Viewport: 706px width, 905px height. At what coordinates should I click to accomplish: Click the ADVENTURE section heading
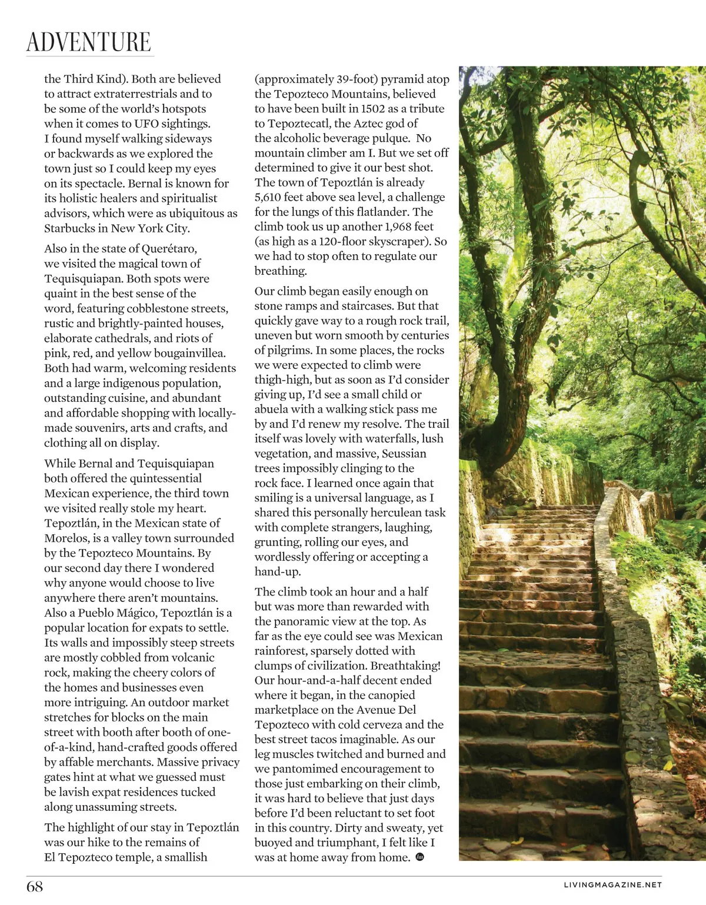tap(89, 42)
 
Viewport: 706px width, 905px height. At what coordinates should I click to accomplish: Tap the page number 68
tap(35, 886)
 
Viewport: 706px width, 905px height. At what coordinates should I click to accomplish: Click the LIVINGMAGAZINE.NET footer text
tap(612, 884)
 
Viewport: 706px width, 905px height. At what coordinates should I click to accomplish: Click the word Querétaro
tap(169, 249)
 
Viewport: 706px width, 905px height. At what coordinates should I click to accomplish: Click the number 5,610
tap(271, 197)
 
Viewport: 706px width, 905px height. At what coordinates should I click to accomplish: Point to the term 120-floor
tap(341, 241)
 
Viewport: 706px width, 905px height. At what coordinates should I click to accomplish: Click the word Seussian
tap(404, 454)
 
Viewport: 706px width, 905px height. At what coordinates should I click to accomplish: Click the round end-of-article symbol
tap(420, 857)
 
